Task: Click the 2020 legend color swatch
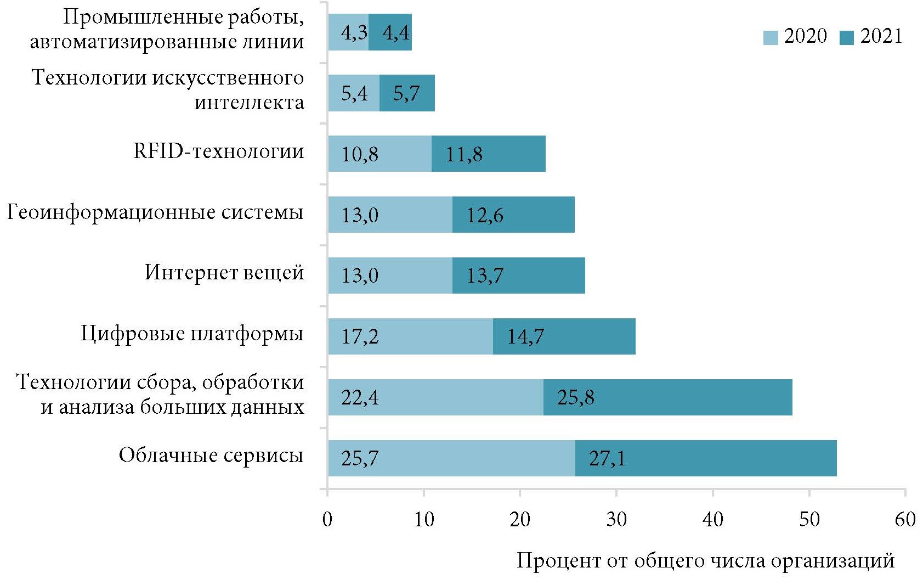pos(771,37)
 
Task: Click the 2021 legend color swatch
pos(847,37)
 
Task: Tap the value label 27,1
pos(607,458)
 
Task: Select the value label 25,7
pos(360,458)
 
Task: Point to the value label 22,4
pos(360,397)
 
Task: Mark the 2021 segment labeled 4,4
pos(396,33)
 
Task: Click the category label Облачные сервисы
pos(211,455)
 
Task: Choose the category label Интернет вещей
pos(224,272)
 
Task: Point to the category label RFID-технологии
pos(219,151)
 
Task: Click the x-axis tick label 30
pos(616,519)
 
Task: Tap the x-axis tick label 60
pos(905,519)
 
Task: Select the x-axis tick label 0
pos(327,519)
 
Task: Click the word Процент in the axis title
pos(558,561)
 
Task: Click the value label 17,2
pos(360,336)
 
